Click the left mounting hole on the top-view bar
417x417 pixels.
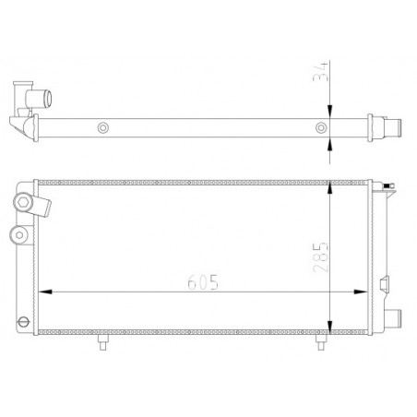[x=103, y=128]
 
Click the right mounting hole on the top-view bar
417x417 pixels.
[x=320, y=128]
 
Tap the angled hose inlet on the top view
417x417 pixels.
[x=33, y=95]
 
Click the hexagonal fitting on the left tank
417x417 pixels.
[x=23, y=202]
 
